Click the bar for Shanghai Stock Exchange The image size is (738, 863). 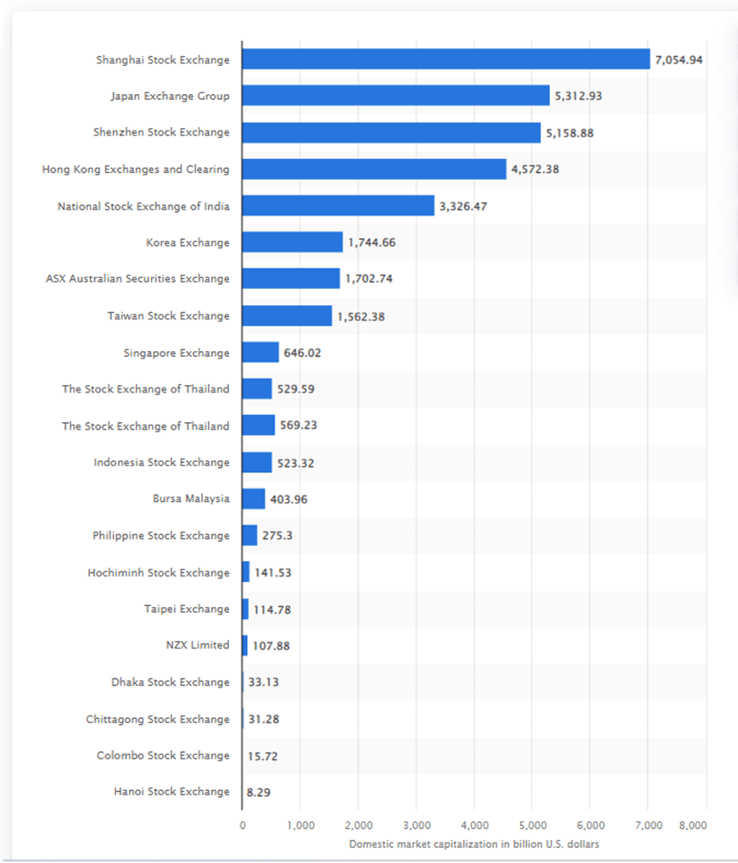point(445,59)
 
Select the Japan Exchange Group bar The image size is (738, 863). point(395,96)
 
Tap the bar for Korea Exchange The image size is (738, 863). point(292,242)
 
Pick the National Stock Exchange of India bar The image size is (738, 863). point(338,206)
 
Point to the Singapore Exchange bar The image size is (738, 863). point(260,353)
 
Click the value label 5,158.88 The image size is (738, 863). point(573,133)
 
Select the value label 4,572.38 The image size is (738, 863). point(535,170)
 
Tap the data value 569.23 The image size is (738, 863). point(299,426)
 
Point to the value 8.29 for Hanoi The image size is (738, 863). point(260,792)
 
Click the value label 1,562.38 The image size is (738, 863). point(361,316)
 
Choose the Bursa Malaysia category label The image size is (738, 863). point(191,498)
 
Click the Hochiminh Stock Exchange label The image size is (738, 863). point(158,572)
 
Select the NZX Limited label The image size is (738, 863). point(198,645)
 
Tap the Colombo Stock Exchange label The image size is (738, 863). point(163,755)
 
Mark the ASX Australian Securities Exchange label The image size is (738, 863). point(137,279)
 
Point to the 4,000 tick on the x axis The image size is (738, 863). point(474,825)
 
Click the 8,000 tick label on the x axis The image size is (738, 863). point(693,825)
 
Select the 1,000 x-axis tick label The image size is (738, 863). point(300,825)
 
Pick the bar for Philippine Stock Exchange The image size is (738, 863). point(249,536)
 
